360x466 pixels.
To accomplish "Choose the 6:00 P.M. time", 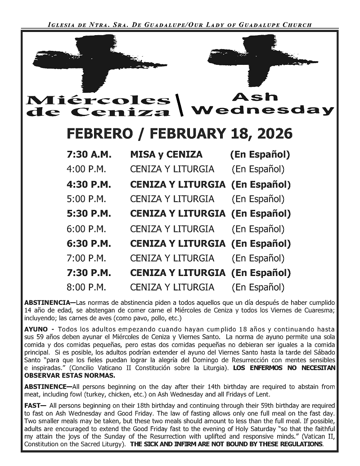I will pyautogui.click(x=86, y=229).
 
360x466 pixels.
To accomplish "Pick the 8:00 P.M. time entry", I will pyautogui.click(x=86, y=287).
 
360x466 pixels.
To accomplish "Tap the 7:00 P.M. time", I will pyautogui.click(x=86, y=258).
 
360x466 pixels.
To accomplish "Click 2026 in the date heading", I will pyautogui.click(x=275, y=134).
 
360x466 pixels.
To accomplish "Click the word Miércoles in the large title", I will pyautogui.click(x=98, y=100).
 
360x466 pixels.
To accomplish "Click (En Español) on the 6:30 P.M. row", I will pyautogui.click(x=261, y=244).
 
